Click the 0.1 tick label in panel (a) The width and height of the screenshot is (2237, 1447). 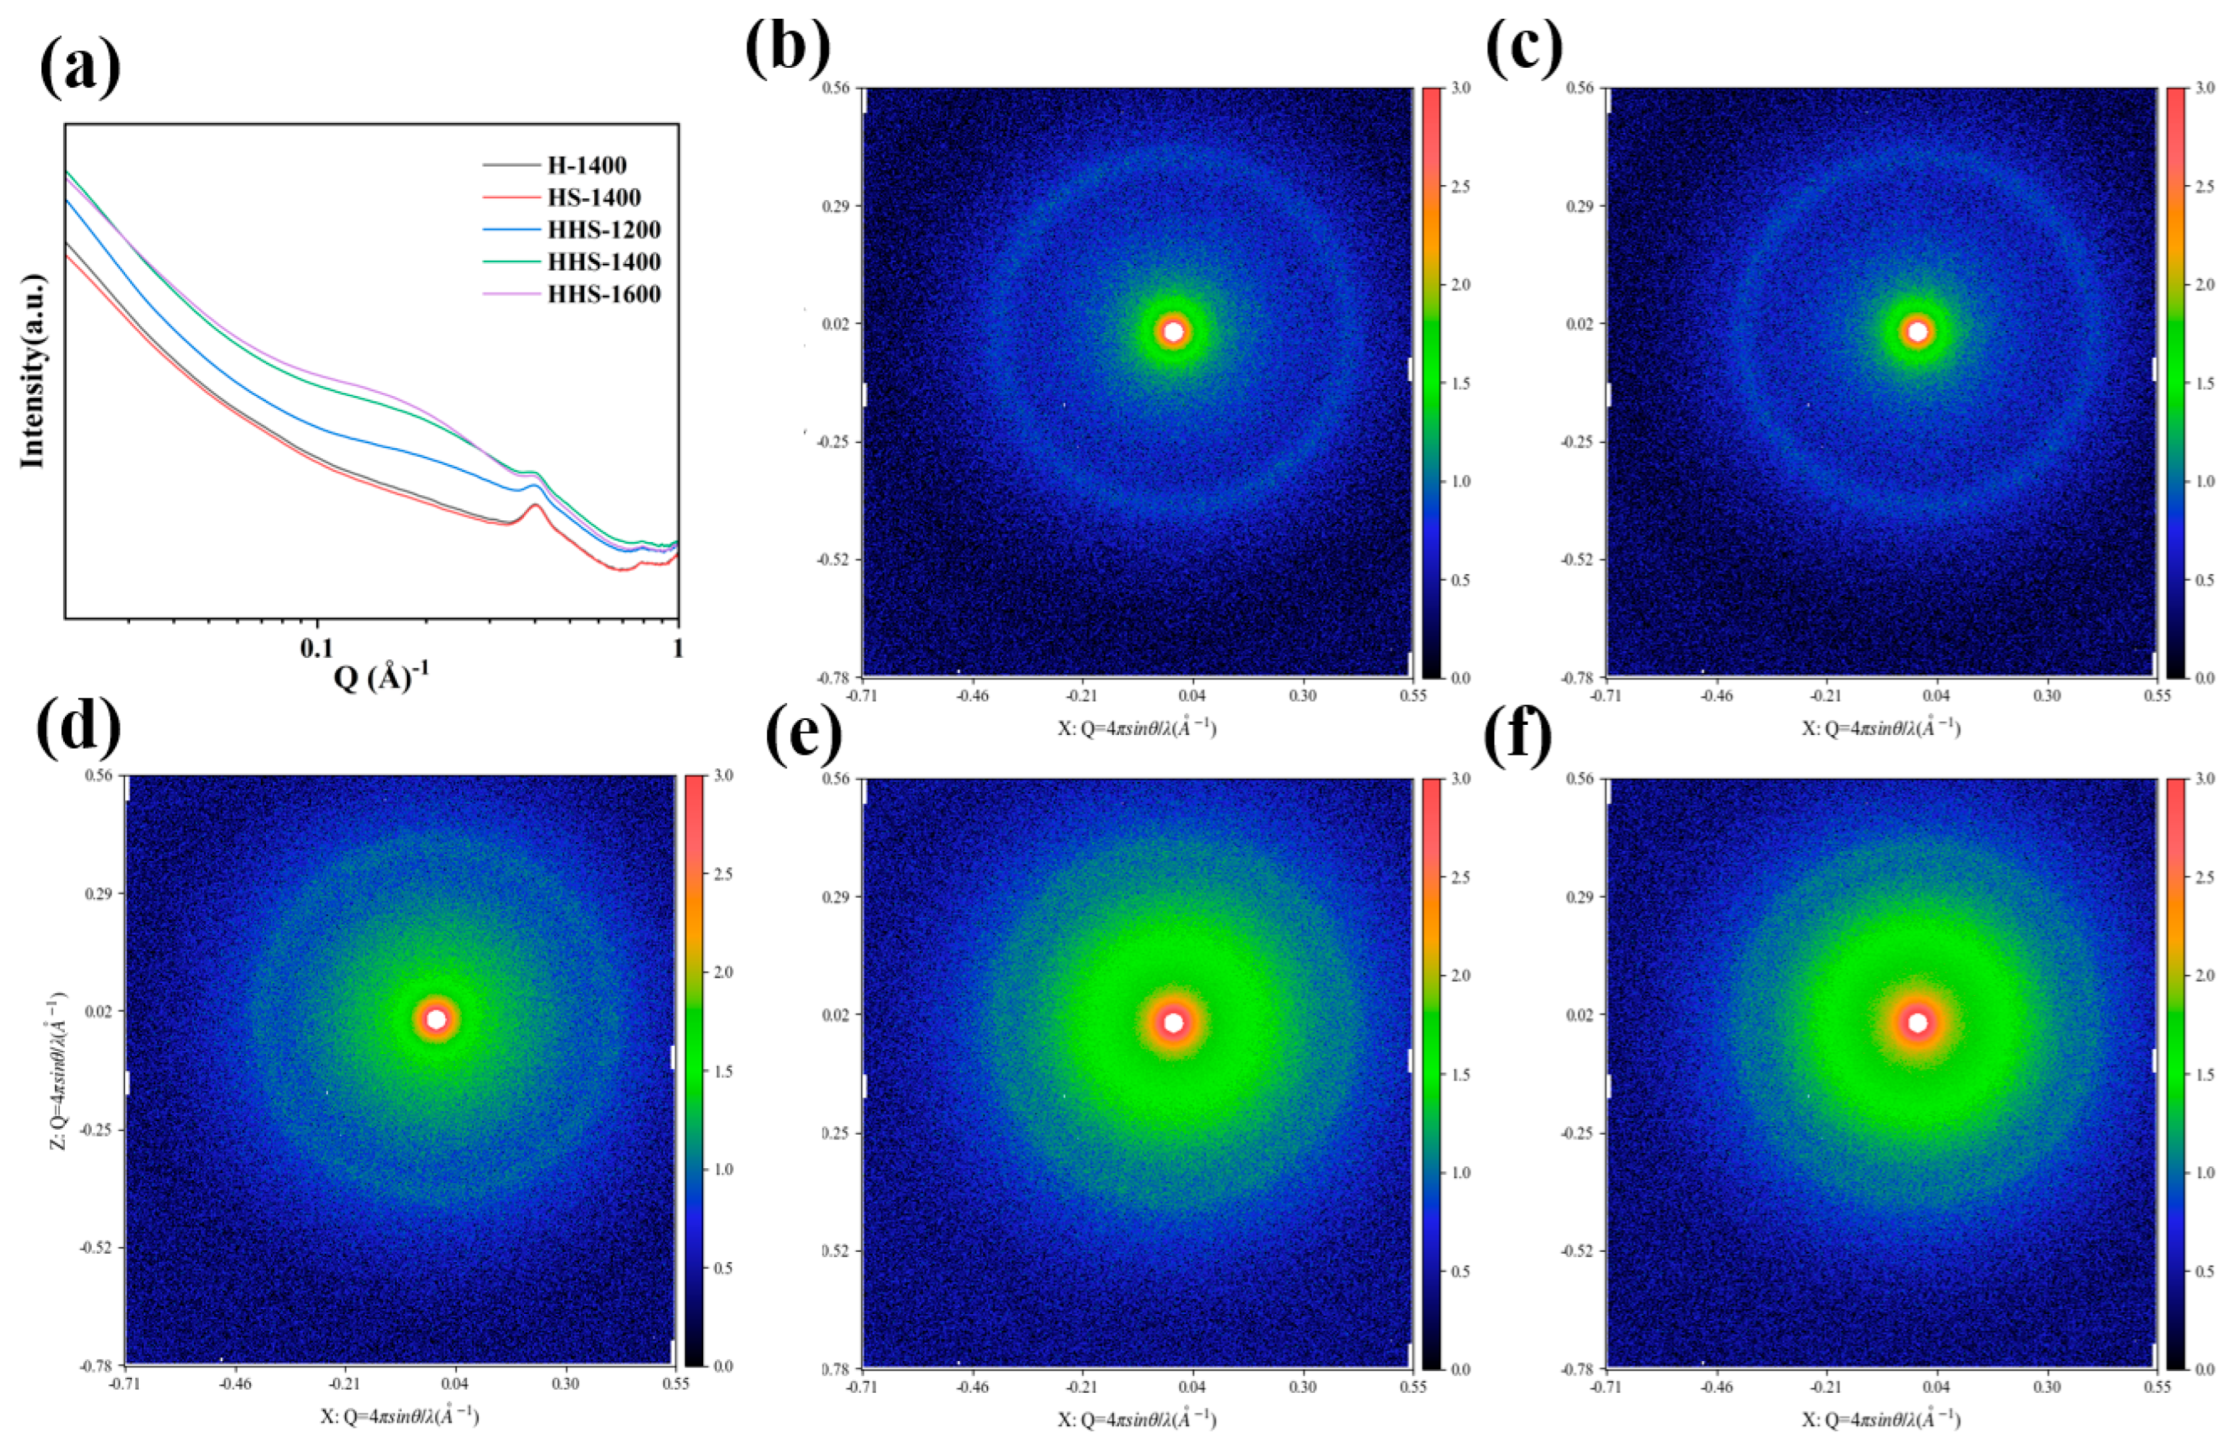(x=317, y=648)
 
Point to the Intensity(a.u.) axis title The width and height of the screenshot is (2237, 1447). (x=33, y=371)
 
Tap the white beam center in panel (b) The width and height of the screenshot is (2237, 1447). (x=1173, y=331)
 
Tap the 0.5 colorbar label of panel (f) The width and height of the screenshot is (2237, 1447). (x=2204, y=1271)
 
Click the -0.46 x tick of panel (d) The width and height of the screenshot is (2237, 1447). (x=235, y=1383)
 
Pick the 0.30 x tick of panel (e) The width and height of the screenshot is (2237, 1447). (x=1302, y=1387)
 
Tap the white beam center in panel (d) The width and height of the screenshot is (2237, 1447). (x=436, y=1019)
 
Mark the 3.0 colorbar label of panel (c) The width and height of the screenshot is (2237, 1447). (x=2204, y=88)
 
